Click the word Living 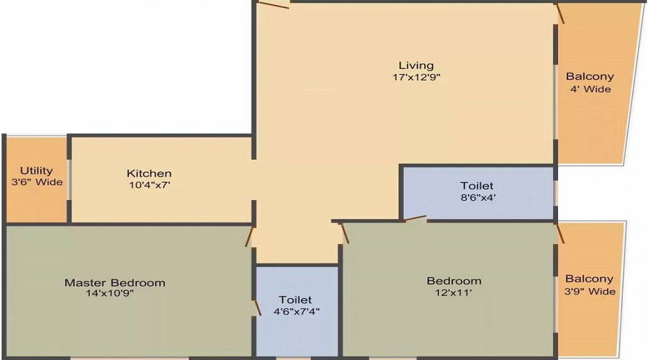click(x=417, y=66)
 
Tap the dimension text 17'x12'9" click(x=417, y=78)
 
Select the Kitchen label click(x=149, y=174)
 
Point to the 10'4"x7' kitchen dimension click(x=149, y=185)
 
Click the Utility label click(x=36, y=171)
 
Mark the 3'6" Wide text click(x=37, y=182)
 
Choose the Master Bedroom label click(x=115, y=282)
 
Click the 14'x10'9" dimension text click(x=109, y=293)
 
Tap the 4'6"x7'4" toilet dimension click(x=296, y=311)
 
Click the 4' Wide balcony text click(x=590, y=89)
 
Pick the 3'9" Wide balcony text click(x=590, y=292)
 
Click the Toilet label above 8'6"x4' click(x=477, y=186)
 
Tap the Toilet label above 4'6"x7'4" click(x=296, y=300)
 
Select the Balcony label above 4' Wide click(x=590, y=76)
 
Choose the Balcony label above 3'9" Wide click(x=590, y=279)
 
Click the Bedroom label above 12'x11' click(x=454, y=281)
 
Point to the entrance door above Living click(x=273, y=4)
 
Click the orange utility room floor click(x=36, y=202)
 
